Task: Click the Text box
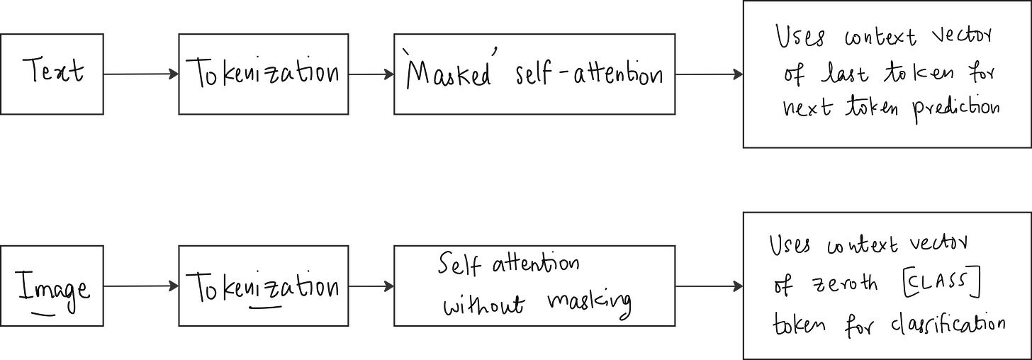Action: (53, 74)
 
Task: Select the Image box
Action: (53, 286)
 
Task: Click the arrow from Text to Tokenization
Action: (141, 73)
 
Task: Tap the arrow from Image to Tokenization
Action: (141, 286)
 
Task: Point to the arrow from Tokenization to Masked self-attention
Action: (371, 74)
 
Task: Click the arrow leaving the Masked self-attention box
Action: (708, 74)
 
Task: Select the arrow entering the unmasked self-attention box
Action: (371, 286)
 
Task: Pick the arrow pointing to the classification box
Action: (708, 286)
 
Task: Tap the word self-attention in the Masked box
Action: (593, 74)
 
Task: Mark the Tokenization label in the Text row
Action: (263, 74)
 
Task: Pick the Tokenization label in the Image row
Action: (263, 288)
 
